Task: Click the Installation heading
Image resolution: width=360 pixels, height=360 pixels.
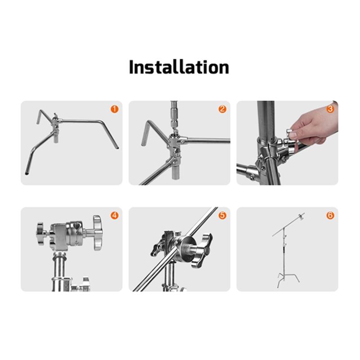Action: point(179,67)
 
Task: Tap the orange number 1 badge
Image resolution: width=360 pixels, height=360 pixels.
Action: point(115,109)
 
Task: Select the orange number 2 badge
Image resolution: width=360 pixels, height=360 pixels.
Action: point(222,109)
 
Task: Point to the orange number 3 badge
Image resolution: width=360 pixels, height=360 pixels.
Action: point(330,109)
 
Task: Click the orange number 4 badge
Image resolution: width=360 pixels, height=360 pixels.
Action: point(115,216)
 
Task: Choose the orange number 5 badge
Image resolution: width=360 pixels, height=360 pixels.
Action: point(222,216)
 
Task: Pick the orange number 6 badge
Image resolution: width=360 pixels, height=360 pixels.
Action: point(330,216)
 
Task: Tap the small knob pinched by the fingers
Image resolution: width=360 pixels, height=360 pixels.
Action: point(290,134)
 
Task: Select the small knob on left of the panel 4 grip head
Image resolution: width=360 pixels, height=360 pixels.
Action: point(40,234)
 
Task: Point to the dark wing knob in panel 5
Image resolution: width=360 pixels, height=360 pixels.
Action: point(202,250)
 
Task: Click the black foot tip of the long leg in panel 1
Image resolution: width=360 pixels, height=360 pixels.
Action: point(27,174)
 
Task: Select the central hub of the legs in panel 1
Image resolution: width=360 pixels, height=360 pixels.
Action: point(55,121)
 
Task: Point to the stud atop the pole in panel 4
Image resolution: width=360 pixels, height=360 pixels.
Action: point(60,254)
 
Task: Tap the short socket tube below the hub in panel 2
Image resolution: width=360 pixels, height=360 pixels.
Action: point(176,171)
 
